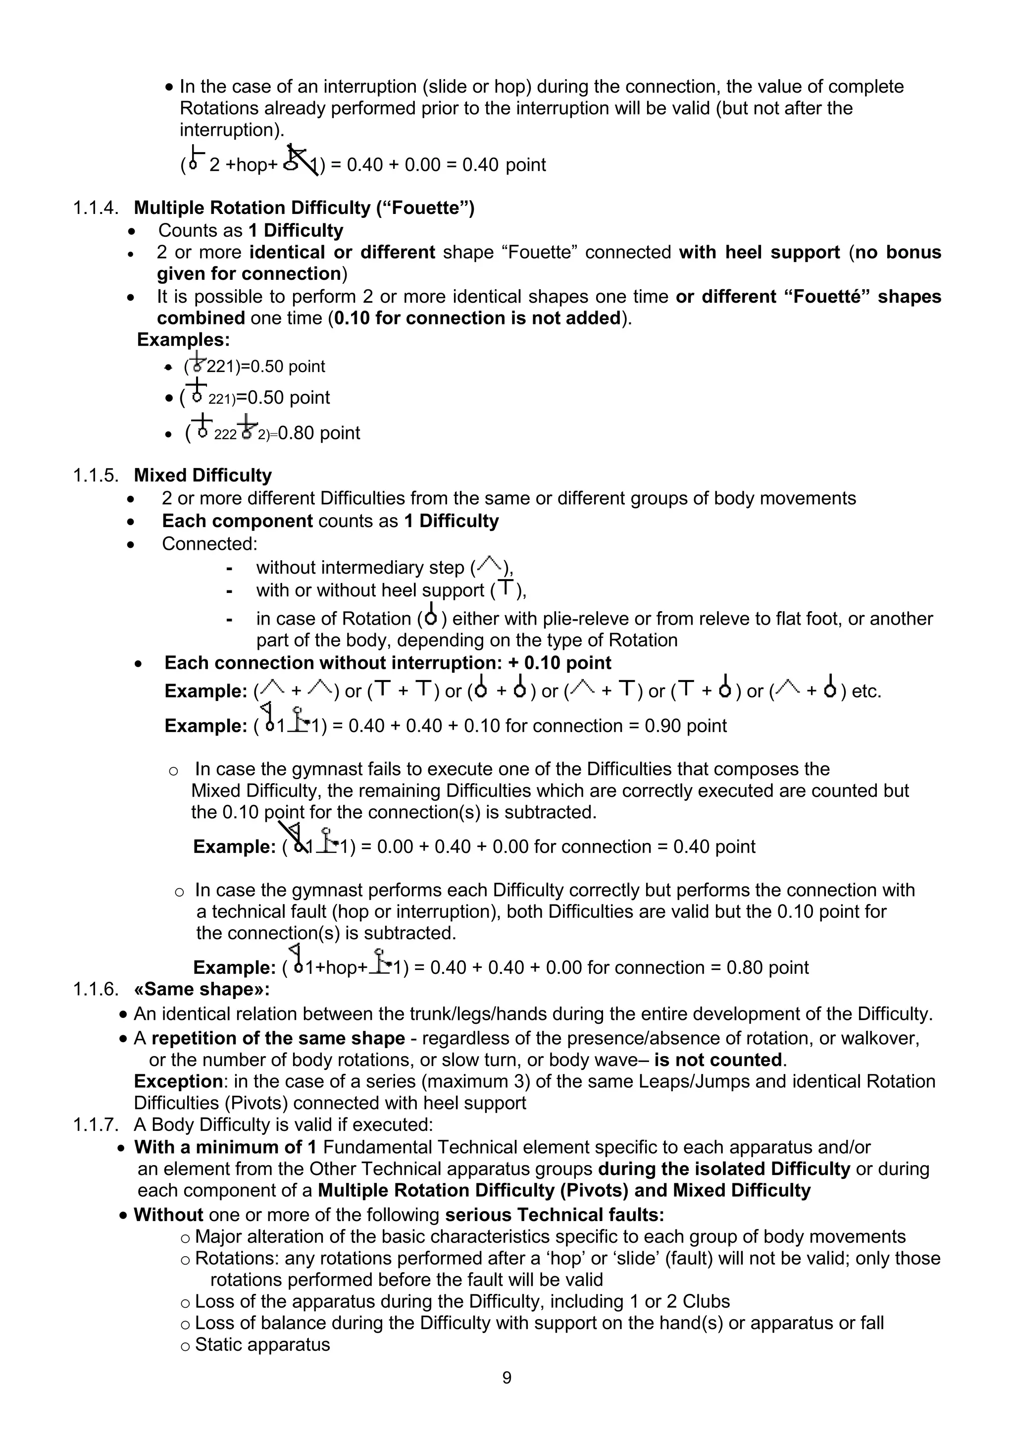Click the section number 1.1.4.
tap(96, 208)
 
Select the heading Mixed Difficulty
tap(203, 476)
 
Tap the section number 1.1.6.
tap(96, 989)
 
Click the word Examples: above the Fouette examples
tap(183, 340)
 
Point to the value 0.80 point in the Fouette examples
tap(319, 433)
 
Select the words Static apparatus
tap(262, 1344)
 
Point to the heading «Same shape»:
tap(202, 989)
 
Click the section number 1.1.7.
tap(96, 1125)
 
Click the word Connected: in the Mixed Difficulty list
tap(209, 544)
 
